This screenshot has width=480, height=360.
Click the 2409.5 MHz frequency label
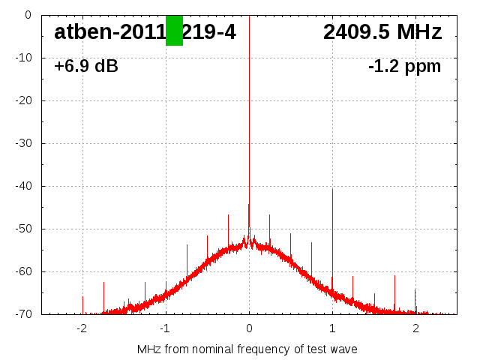(x=382, y=32)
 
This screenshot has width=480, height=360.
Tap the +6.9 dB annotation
(x=86, y=67)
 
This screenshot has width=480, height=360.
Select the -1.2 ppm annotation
(x=404, y=67)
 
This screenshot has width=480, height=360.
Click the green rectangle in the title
(x=174, y=31)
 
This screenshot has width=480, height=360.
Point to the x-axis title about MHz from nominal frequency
(x=247, y=349)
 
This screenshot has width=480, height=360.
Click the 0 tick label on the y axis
(x=27, y=15)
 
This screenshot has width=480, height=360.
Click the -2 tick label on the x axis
(x=81, y=329)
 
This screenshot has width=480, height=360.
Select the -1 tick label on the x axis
(x=164, y=329)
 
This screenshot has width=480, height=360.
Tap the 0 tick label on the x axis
(x=249, y=329)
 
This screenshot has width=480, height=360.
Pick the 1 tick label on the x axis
(x=332, y=329)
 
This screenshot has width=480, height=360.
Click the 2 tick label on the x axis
(x=415, y=329)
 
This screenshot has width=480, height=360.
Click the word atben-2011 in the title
(x=109, y=32)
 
